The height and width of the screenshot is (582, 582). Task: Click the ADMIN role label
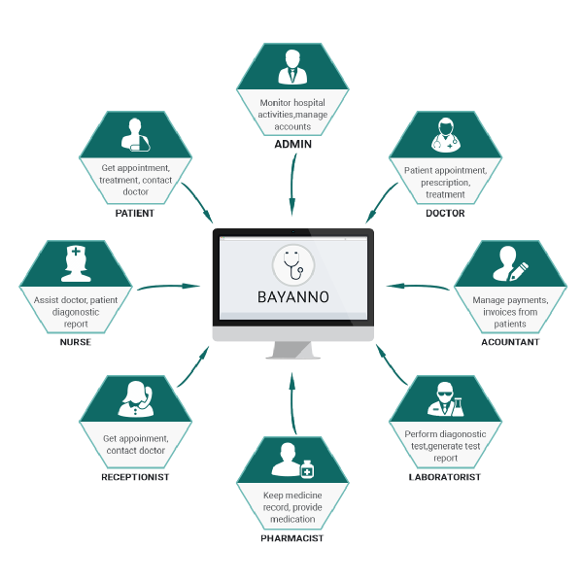[x=292, y=144]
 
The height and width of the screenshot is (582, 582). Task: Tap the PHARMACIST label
[x=292, y=538]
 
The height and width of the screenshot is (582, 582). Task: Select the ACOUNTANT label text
[x=510, y=342]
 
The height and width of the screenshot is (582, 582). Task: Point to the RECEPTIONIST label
[x=135, y=477]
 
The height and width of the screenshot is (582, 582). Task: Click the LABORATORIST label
[x=445, y=477]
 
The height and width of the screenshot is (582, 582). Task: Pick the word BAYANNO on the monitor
[x=293, y=297]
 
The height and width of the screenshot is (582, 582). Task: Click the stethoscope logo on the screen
[x=293, y=265]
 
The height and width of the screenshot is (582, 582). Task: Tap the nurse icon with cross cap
[x=76, y=263]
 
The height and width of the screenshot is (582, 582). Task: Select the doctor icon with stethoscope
[x=445, y=135]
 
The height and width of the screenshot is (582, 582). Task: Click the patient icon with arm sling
[x=136, y=135]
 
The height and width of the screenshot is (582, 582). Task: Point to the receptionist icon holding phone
[x=136, y=399]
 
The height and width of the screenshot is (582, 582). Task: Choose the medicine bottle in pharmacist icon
[x=307, y=469]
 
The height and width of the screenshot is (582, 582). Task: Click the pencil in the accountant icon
[x=519, y=271]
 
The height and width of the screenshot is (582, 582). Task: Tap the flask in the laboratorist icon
[x=458, y=407]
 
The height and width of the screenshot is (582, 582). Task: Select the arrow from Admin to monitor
[x=292, y=185]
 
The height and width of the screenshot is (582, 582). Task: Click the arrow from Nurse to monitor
[x=168, y=287]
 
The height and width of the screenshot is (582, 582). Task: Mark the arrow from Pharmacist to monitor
[x=292, y=403]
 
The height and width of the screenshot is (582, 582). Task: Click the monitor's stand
[x=292, y=350]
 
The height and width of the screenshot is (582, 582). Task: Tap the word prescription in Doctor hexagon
[x=445, y=183]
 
